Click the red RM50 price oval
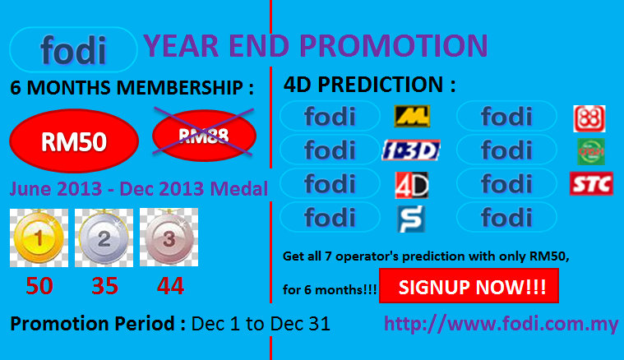point(74,141)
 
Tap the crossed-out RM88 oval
point(204,136)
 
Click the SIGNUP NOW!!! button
point(469,286)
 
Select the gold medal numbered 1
point(39,238)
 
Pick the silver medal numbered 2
point(104,238)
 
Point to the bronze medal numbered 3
point(169,238)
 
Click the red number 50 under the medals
point(39,285)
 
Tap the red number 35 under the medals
point(104,285)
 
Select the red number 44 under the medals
point(170,285)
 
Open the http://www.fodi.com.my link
point(502,324)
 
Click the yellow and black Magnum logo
point(412,116)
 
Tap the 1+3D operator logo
point(411,150)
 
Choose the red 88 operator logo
point(589,118)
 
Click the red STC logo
point(591,184)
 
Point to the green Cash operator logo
point(591,151)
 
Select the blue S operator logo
point(412,219)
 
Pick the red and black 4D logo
point(412,185)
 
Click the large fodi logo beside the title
point(73,49)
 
